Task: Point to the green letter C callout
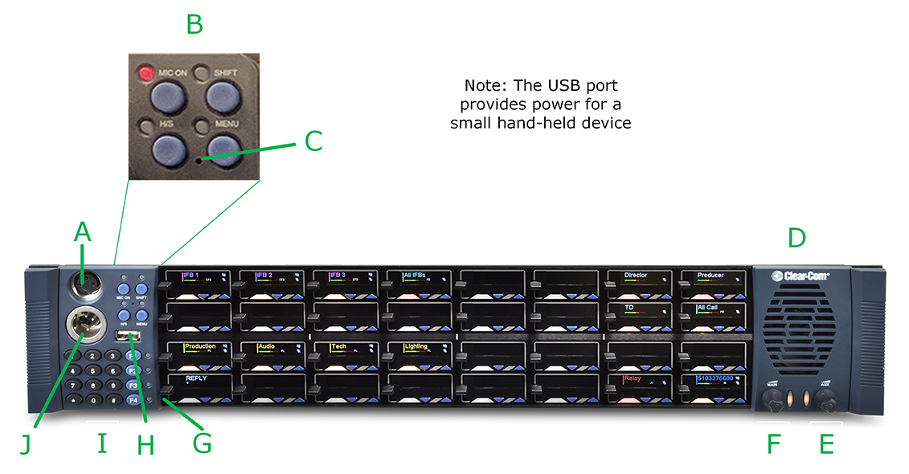(x=313, y=141)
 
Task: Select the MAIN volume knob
(x=772, y=397)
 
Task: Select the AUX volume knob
(x=825, y=397)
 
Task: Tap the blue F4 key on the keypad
(x=133, y=399)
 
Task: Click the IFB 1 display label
(x=191, y=276)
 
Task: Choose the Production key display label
(x=200, y=347)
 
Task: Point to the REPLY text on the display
(x=197, y=377)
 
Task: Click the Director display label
(x=636, y=276)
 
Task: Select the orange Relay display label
(x=636, y=378)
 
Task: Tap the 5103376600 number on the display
(x=714, y=378)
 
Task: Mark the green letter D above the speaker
(x=796, y=238)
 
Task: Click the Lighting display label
(x=416, y=347)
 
